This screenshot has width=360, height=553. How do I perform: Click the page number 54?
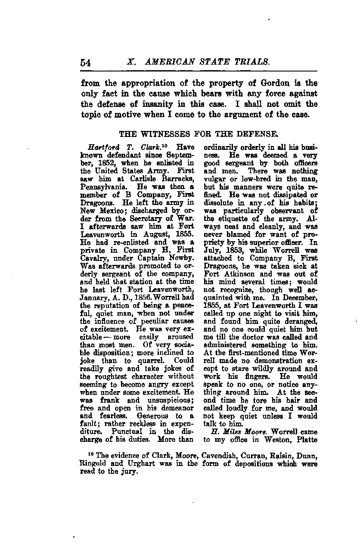[86, 62]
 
